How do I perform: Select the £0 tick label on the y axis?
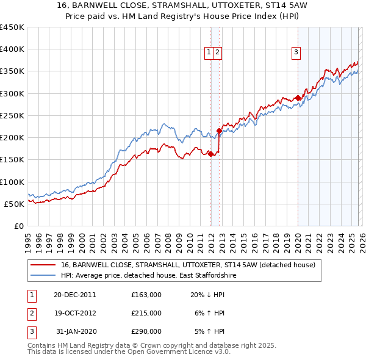tap(19, 226)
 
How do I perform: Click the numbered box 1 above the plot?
tap(209, 53)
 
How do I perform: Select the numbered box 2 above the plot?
tap(217, 53)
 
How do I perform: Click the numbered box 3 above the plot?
tap(296, 53)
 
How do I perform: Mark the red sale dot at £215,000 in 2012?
tap(220, 131)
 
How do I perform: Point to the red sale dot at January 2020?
tap(298, 98)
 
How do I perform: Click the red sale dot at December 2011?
tap(211, 154)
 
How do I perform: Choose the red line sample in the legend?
tap(44, 265)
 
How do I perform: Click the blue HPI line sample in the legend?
tap(44, 276)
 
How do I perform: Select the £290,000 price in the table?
tap(146, 331)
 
